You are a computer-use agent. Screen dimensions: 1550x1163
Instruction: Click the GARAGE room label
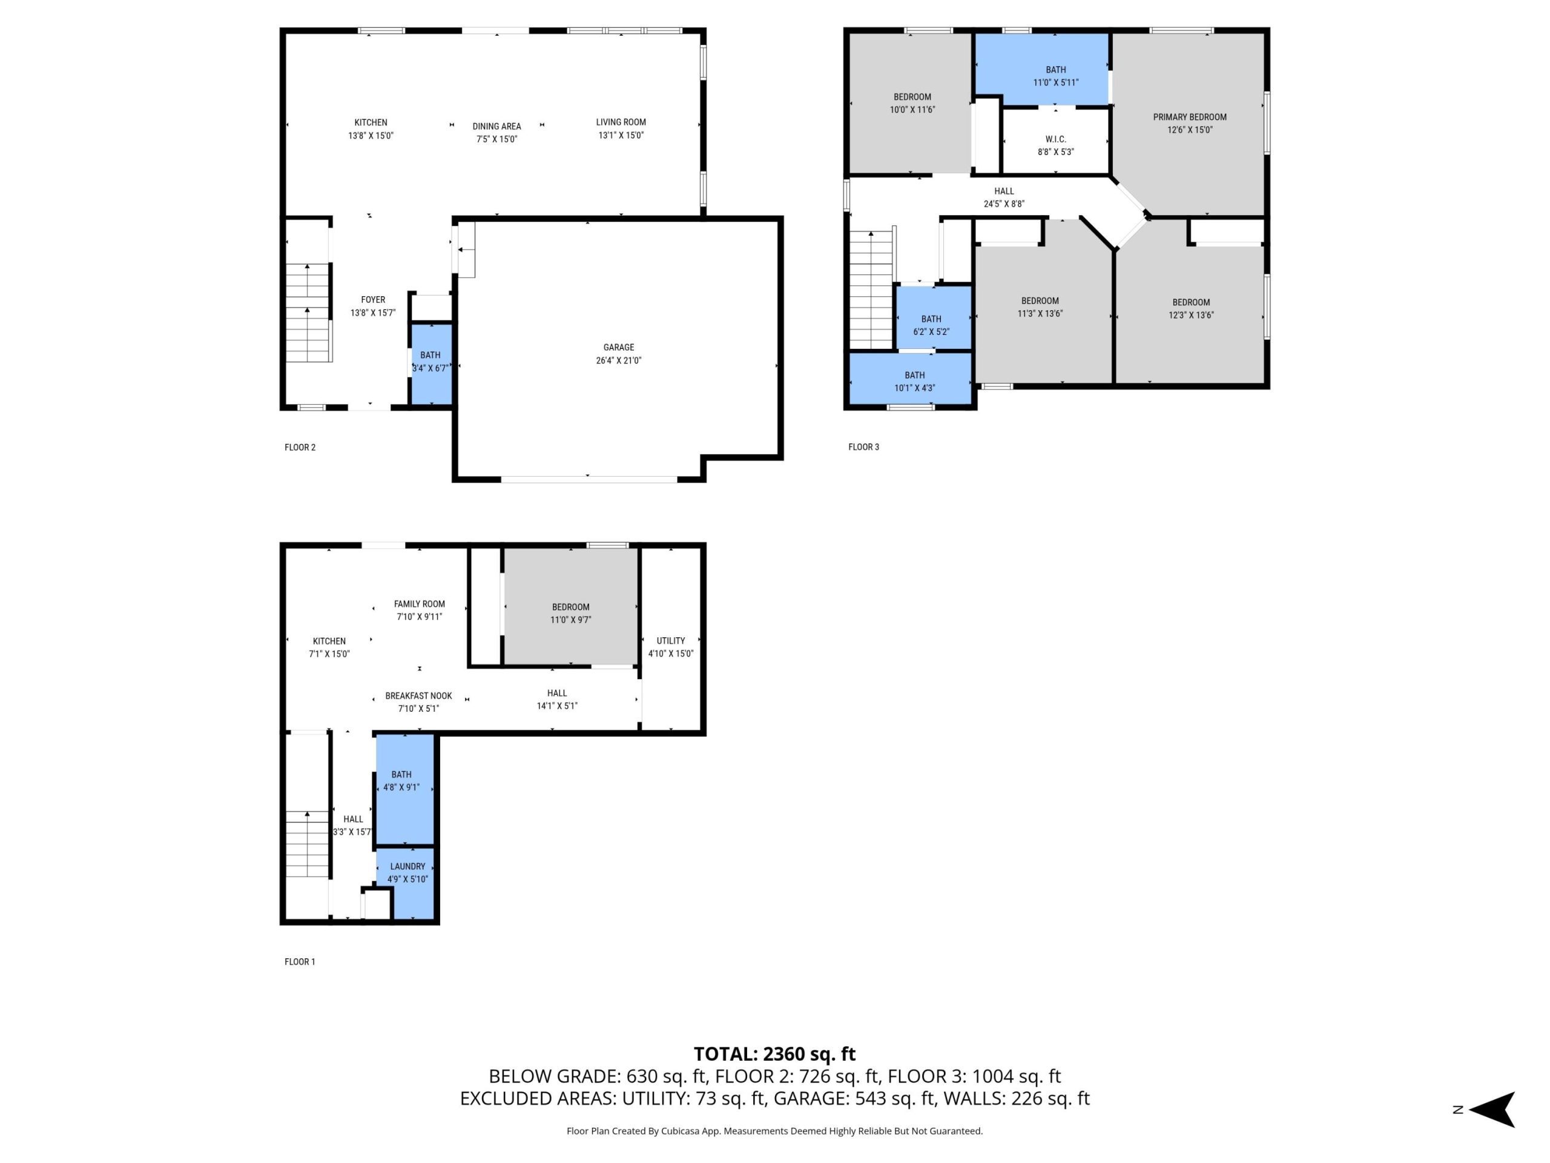[x=619, y=347]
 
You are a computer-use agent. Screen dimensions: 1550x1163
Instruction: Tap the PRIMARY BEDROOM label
[x=1190, y=117]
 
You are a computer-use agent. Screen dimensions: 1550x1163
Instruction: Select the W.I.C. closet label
[x=1055, y=139]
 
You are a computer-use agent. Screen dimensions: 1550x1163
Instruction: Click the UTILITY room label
[x=671, y=641]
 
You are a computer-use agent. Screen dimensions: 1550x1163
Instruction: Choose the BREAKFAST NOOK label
[x=418, y=696]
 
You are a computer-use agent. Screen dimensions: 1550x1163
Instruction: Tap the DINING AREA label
[x=497, y=126]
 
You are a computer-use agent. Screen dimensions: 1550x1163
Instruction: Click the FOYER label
[x=373, y=299]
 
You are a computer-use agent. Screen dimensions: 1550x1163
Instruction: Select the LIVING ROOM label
[x=621, y=122]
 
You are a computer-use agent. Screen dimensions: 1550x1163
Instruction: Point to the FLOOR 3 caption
[x=863, y=446]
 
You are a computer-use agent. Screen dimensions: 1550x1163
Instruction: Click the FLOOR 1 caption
[x=300, y=962]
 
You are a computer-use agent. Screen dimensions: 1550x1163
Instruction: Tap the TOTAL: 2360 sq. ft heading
[x=774, y=1053]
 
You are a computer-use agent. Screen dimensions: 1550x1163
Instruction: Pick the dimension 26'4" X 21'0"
[x=619, y=360]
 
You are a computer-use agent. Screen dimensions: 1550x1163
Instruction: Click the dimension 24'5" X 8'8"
[x=1004, y=204]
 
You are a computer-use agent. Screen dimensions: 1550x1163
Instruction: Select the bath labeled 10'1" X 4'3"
[x=914, y=388]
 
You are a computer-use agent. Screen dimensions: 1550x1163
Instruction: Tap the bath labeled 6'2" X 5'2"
[x=931, y=331]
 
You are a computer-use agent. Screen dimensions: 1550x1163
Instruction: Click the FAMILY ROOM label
[x=419, y=603]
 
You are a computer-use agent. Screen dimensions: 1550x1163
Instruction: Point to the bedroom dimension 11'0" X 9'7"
[x=570, y=620]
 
